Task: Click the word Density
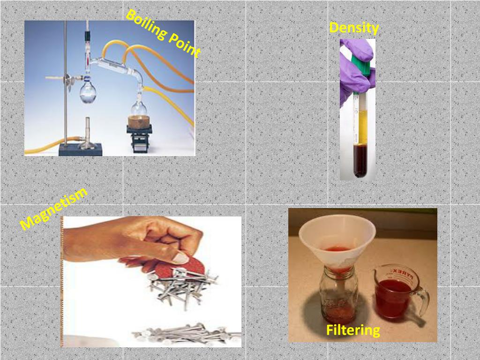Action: (354, 28)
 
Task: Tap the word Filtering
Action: (353, 330)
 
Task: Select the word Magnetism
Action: (53, 209)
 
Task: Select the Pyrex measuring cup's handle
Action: (423, 301)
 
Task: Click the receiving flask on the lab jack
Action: (139, 107)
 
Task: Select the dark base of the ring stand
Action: (80, 150)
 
